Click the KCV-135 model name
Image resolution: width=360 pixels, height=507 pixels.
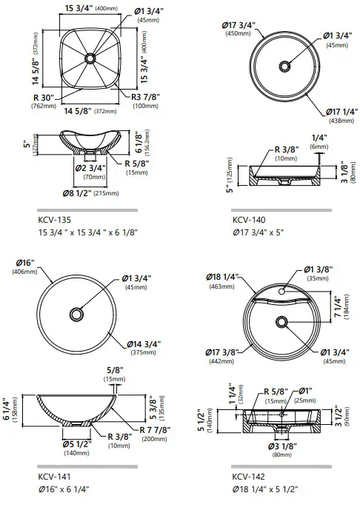[x=54, y=220]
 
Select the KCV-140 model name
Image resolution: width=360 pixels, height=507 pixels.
[x=249, y=220]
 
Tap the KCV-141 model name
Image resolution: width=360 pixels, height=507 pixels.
[x=54, y=476]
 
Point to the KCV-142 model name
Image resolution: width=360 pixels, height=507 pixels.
[x=248, y=476]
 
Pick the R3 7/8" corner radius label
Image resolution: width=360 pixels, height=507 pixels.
[x=145, y=97]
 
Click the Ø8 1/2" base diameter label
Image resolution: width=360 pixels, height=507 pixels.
[x=77, y=193]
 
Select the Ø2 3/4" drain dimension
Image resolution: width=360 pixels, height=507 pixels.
[x=90, y=168]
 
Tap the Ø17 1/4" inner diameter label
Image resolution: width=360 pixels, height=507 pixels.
[x=342, y=112]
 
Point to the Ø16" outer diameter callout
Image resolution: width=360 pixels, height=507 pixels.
[x=24, y=263]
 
